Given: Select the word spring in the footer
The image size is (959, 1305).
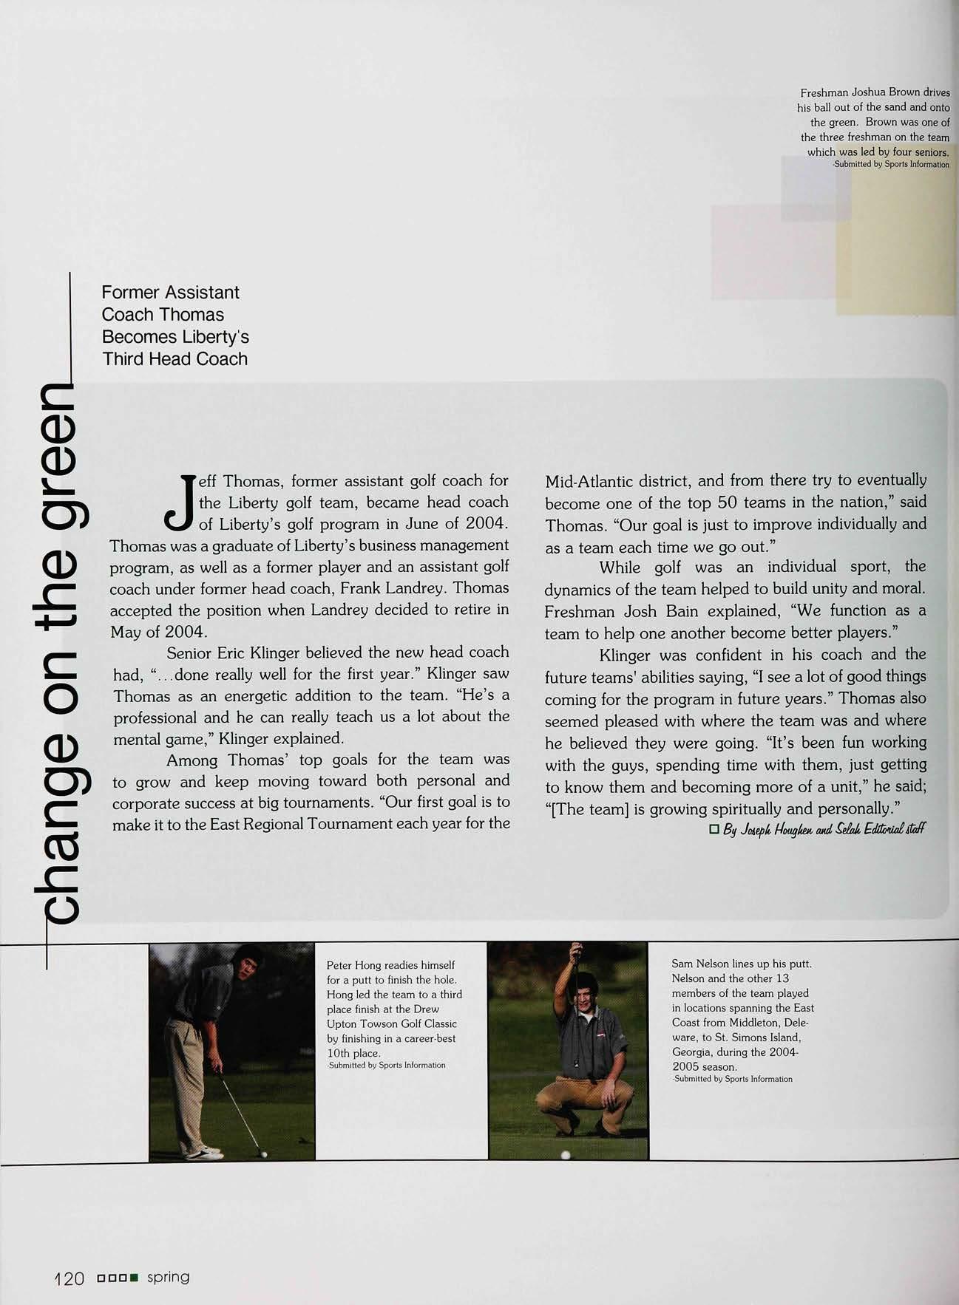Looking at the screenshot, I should [168, 1277].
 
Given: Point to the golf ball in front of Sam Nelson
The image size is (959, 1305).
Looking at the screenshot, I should [566, 1154].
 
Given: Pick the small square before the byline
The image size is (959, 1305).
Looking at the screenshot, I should [714, 829].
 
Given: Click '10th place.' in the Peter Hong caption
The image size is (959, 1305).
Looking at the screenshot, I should [353, 1053].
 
